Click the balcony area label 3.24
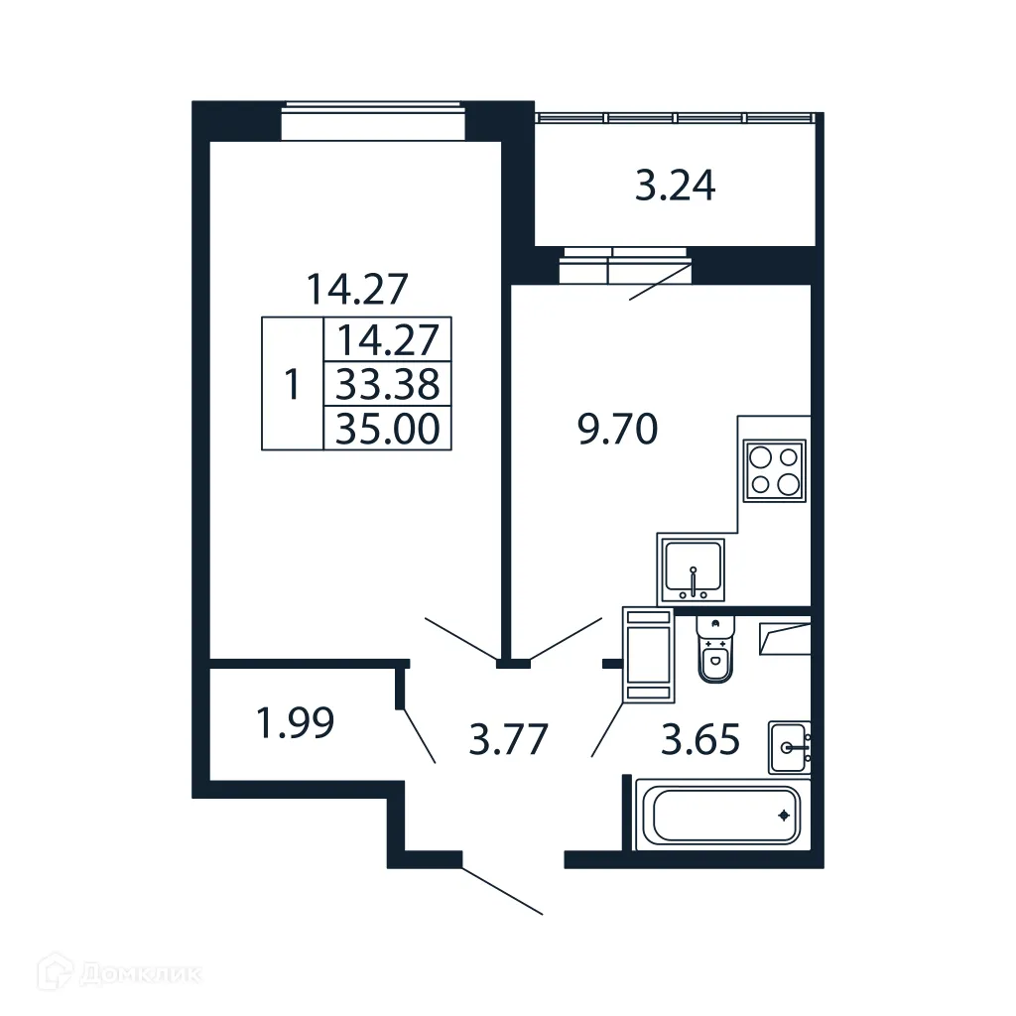click(675, 186)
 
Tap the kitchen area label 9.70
click(618, 431)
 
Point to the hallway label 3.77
click(507, 739)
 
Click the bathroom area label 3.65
click(700, 739)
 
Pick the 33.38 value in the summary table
click(388, 384)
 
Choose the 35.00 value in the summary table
click(388, 429)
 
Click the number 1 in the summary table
click(292, 384)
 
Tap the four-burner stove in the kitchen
click(774, 471)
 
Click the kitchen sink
click(693, 570)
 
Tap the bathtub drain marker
click(784, 817)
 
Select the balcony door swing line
click(659, 282)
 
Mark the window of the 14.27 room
click(373, 123)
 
